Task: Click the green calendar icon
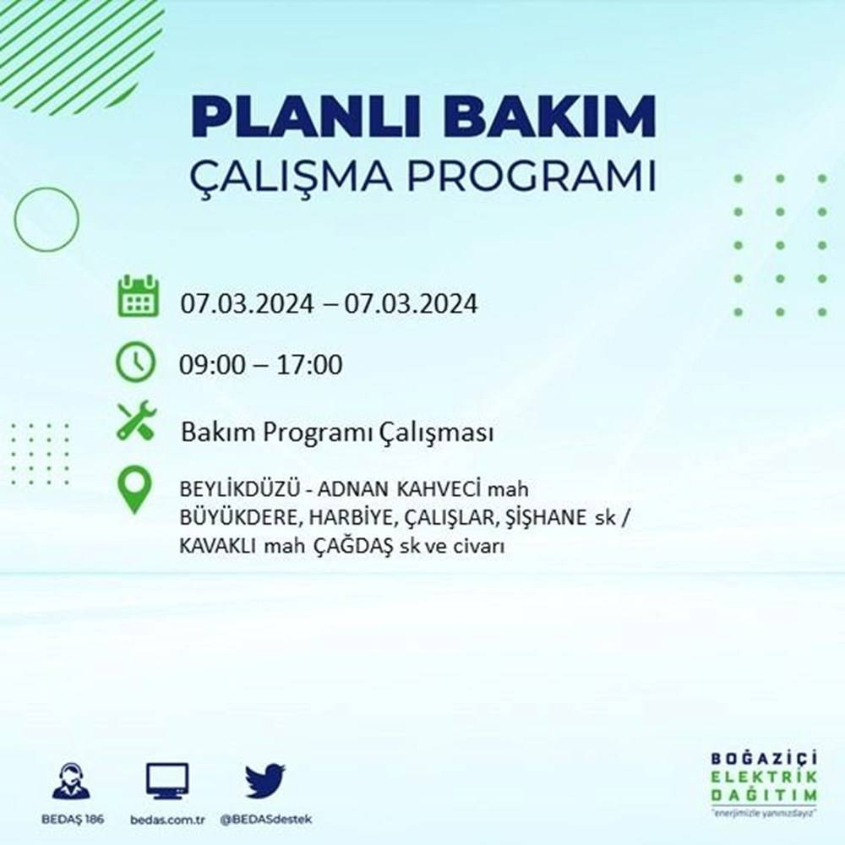point(136,296)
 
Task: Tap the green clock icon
point(136,363)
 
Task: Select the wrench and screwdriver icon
point(136,421)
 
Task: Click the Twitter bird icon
point(265,781)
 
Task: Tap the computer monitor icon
point(166,781)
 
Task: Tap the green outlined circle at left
point(46,220)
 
